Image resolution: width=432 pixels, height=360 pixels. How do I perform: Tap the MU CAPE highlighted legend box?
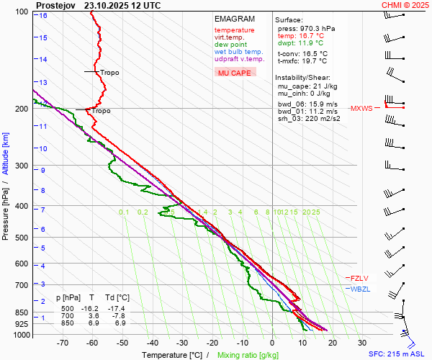coord(235,73)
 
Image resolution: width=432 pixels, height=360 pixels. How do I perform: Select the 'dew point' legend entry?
coord(231,45)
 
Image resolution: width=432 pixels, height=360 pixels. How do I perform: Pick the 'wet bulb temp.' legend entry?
coord(238,52)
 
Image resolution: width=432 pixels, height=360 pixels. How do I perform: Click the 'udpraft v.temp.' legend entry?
coord(240,59)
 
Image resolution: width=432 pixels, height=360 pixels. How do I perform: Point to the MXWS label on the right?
coord(361,109)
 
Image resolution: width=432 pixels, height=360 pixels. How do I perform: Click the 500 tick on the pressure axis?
coord(22,238)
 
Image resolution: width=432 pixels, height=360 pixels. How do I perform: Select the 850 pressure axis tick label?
coord(22,313)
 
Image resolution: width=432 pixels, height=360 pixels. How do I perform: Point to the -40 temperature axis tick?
coord(152,343)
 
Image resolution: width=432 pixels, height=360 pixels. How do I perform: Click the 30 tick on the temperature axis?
coord(361,343)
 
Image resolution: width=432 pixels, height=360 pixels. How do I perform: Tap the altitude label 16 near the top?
coord(43,15)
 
